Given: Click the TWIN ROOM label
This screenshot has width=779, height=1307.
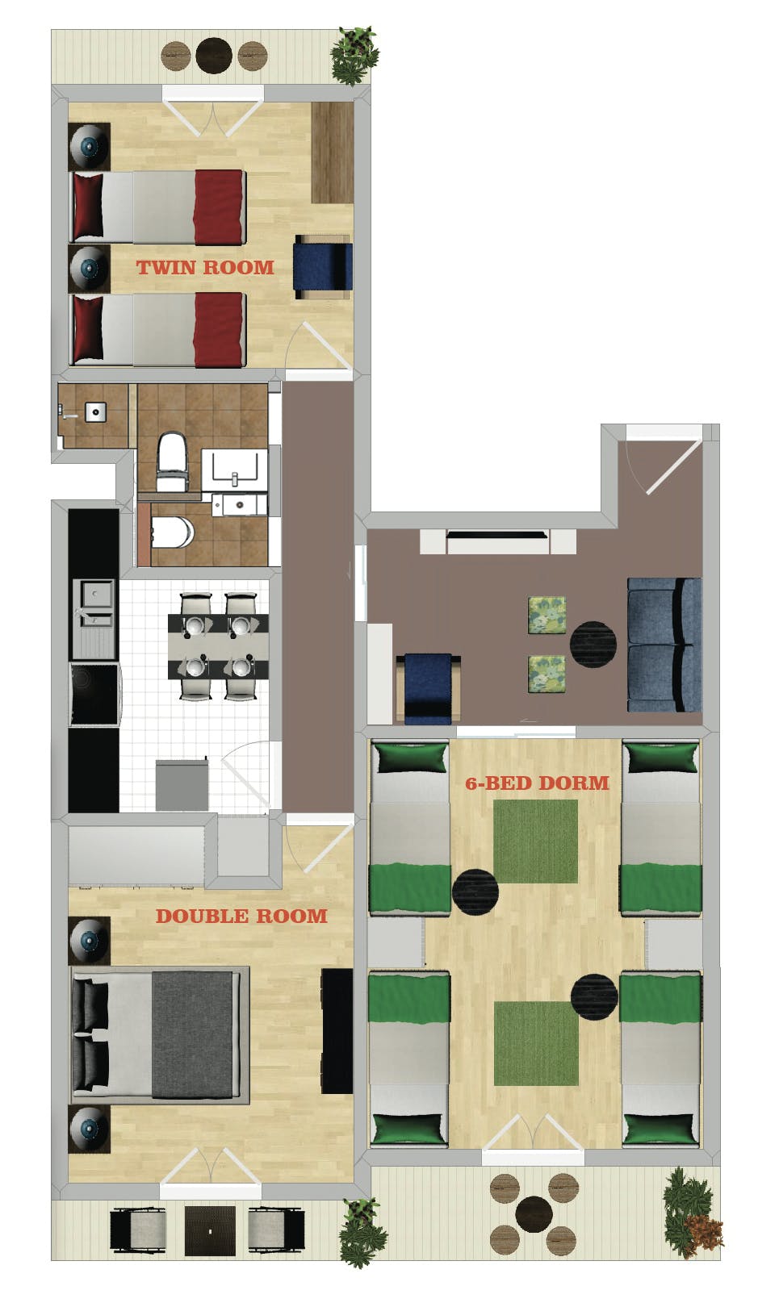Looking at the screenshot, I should click(205, 267).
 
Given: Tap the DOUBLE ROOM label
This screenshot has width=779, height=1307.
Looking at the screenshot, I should click(241, 916).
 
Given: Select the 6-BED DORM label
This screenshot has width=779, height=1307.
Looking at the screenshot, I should click(537, 783).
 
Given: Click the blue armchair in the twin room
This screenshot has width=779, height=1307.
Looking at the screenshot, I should click(323, 267).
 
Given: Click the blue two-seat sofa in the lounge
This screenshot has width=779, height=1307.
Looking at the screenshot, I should click(664, 644).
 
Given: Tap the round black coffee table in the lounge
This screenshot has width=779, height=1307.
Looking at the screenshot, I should click(593, 645).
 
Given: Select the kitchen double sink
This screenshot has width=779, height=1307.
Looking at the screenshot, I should click(95, 605).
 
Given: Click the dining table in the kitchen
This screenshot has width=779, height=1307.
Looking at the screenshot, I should click(218, 646).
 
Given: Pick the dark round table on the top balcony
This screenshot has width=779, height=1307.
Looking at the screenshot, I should click(214, 56).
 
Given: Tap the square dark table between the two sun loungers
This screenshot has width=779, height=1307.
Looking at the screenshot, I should click(210, 1231).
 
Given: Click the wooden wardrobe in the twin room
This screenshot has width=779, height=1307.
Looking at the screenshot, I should click(332, 152).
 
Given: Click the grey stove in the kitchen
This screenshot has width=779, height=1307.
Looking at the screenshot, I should click(182, 784).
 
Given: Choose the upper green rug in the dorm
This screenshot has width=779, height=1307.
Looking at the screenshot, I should click(535, 841).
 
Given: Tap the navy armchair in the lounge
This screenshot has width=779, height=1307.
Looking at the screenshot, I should click(428, 687).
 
